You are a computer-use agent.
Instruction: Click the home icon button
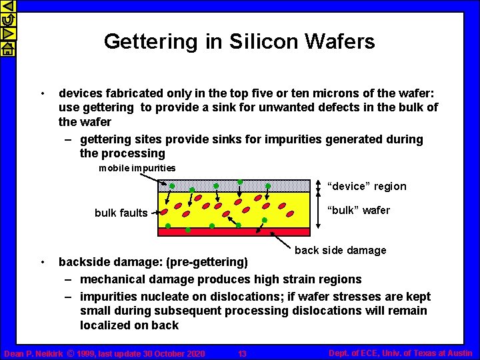point(7,49)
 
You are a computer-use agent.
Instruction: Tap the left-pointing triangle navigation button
point(7,6)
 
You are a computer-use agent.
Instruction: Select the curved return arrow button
point(7,20)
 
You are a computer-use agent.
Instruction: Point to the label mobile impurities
point(137,168)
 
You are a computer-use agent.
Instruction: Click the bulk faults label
point(121,213)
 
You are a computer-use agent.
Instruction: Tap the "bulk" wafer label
point(358,211)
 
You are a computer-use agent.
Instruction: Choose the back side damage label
point(340,250)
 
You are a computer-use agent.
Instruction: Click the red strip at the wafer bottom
point(233,232)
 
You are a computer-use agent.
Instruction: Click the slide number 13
point(242,353)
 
